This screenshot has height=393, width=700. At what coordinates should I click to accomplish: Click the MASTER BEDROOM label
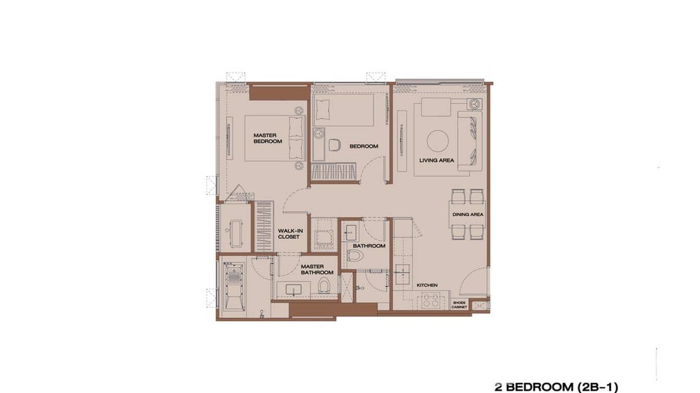coord(268,138)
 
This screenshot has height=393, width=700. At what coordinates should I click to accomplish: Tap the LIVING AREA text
coord(437,160)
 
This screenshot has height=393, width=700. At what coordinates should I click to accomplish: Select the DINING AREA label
coord(467,214)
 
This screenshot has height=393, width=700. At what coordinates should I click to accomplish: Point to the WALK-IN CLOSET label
coord(288,234)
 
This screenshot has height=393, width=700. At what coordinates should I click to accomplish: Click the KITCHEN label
coord(427,285)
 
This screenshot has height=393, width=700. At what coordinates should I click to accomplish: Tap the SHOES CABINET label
coord(460,304)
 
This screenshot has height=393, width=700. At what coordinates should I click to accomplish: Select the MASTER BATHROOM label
coord(317,269)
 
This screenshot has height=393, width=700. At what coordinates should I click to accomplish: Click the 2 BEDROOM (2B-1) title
coord(556,387)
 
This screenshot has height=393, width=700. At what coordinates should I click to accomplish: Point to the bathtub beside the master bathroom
coord(233,285)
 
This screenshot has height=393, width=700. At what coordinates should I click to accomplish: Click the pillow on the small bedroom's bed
coord(322,107)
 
